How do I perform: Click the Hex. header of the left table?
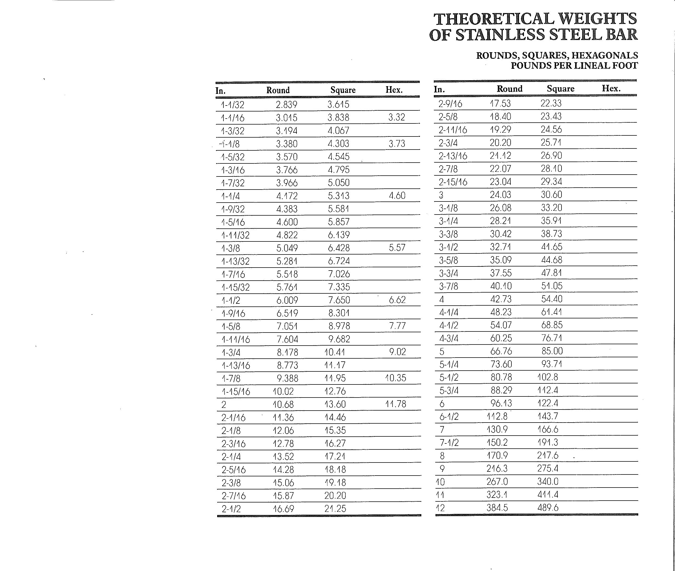[394, 90]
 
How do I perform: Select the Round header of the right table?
[510, 88]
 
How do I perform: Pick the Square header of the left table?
[343, 90]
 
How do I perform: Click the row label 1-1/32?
[232, 105]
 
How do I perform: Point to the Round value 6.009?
[287, 300]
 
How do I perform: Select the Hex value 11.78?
[395, 404]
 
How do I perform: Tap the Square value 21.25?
[335, 508]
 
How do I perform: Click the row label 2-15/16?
[453, 182]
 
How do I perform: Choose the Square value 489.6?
[548, 508]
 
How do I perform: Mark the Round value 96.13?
[501, 403]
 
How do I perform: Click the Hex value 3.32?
[397, 117]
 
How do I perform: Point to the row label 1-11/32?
[235, 235]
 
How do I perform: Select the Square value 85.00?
[552, 351]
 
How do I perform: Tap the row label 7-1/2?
[449, 442]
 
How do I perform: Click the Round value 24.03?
[500, 194]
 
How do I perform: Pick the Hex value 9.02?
[397, 352]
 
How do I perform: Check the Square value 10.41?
[335, 352]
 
